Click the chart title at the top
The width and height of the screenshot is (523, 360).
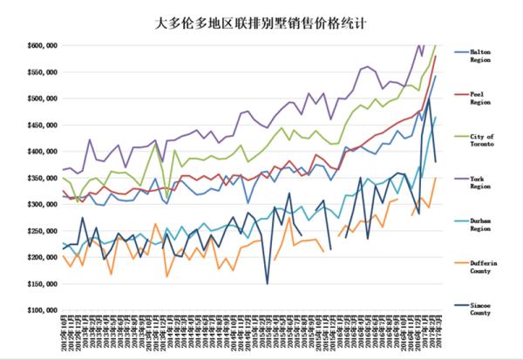261,17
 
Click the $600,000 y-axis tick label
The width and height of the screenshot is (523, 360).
41,45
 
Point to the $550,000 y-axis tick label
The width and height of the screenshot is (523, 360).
41,71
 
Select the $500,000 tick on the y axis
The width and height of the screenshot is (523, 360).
41,98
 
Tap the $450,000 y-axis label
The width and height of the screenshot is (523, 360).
41,125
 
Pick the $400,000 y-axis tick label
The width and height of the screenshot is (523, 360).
41,152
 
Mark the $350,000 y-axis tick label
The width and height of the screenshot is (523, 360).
41,178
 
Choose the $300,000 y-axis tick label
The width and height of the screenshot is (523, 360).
41,204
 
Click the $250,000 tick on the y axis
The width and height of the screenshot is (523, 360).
41,231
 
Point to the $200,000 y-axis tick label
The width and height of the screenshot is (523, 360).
41,257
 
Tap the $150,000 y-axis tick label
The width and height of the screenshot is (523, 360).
41,284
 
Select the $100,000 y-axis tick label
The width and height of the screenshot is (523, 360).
41,310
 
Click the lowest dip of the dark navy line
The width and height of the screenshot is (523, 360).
268,283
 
